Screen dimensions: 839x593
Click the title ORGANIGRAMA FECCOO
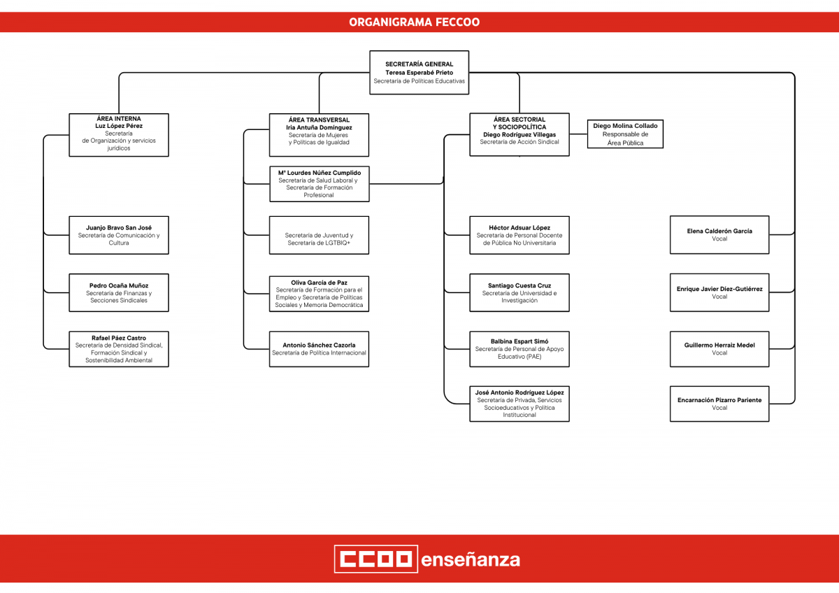tap(414, 22)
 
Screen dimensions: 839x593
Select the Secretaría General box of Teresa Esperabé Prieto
tap(419, 73)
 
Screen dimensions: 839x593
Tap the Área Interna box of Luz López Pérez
tap(119, 135)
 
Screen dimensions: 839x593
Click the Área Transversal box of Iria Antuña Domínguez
tap(319, 135)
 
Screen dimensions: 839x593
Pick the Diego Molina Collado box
tap(625, 134)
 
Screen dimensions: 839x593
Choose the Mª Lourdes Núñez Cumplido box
tap(320, 184)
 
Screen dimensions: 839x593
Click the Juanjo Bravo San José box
tap(119, 235)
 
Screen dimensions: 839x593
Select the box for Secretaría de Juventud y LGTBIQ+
tap(319, 235)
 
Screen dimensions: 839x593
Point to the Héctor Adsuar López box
tap(519, 235)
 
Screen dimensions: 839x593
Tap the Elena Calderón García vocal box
tap(719, 235)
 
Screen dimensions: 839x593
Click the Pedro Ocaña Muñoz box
tap(119, 292)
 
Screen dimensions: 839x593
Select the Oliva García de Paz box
tap(319, 294)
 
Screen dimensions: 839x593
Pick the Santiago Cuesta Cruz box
tap(519, 292)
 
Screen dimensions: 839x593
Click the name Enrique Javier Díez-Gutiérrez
tap(719, 289)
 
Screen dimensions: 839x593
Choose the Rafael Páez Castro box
tap(119, 349)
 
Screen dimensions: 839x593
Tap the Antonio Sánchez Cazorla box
tap(319, 349)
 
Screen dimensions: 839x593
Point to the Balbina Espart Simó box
tap(519, 349)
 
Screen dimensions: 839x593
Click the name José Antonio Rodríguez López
tap(519, 392)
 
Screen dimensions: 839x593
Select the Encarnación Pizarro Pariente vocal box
tap(719, 403)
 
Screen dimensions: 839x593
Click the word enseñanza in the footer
tap(471, 560)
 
